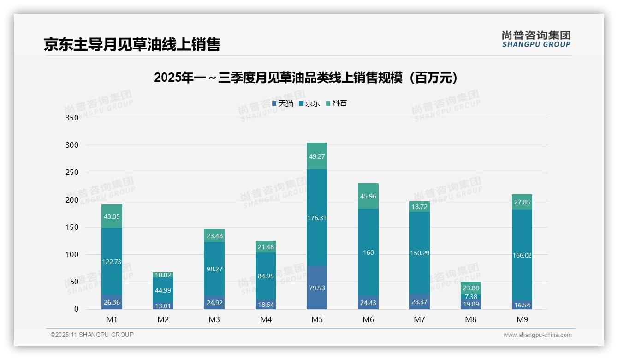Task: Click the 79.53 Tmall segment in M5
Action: point(316,288)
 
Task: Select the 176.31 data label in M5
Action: point(316,218)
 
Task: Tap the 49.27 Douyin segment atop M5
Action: point(316,156)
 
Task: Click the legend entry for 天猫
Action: point(283,103)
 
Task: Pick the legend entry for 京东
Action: point(309,103)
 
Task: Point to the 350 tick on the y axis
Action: point(72,118)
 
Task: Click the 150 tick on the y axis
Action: point(72,227)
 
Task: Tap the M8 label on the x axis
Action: point(470,319)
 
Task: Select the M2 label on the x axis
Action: point(163,319)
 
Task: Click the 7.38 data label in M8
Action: point(470,297)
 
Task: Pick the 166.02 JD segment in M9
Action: point(522,255)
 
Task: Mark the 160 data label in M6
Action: point(368,252)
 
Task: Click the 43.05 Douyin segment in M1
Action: point(112,216)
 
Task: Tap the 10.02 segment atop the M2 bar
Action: point(163,275)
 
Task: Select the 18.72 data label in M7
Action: point(419,207)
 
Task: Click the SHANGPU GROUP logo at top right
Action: point(536,39)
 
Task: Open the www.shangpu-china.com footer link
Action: point(537,335)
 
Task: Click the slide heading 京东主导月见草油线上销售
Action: point(132,44)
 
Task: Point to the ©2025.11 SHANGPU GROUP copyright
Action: point(92,335)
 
